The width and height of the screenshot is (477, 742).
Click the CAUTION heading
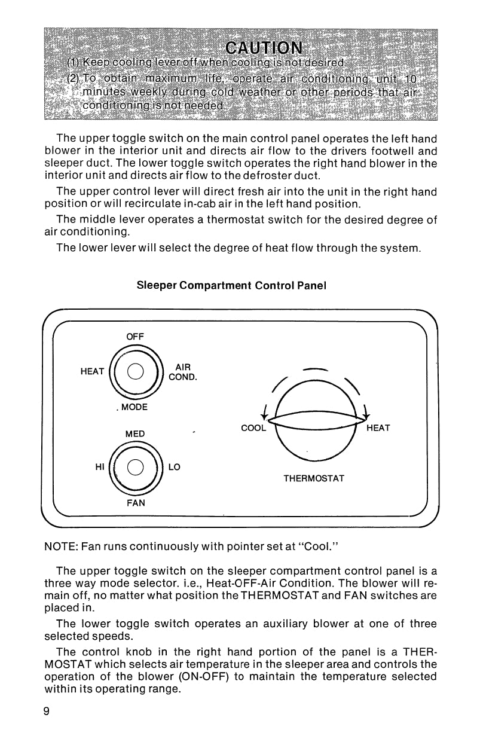(264, 47)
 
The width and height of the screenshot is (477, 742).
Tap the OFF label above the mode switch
(135, 337)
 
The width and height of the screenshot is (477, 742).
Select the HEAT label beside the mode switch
(92, 371)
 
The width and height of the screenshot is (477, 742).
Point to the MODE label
(134, 407)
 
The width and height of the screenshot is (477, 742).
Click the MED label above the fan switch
(134, 433)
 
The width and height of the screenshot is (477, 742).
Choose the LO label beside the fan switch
(175, 468)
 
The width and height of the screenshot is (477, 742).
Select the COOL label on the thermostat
(253, 428)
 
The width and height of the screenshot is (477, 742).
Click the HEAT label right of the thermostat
(378, 428)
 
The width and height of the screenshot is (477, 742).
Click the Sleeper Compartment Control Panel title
(231, 285)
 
